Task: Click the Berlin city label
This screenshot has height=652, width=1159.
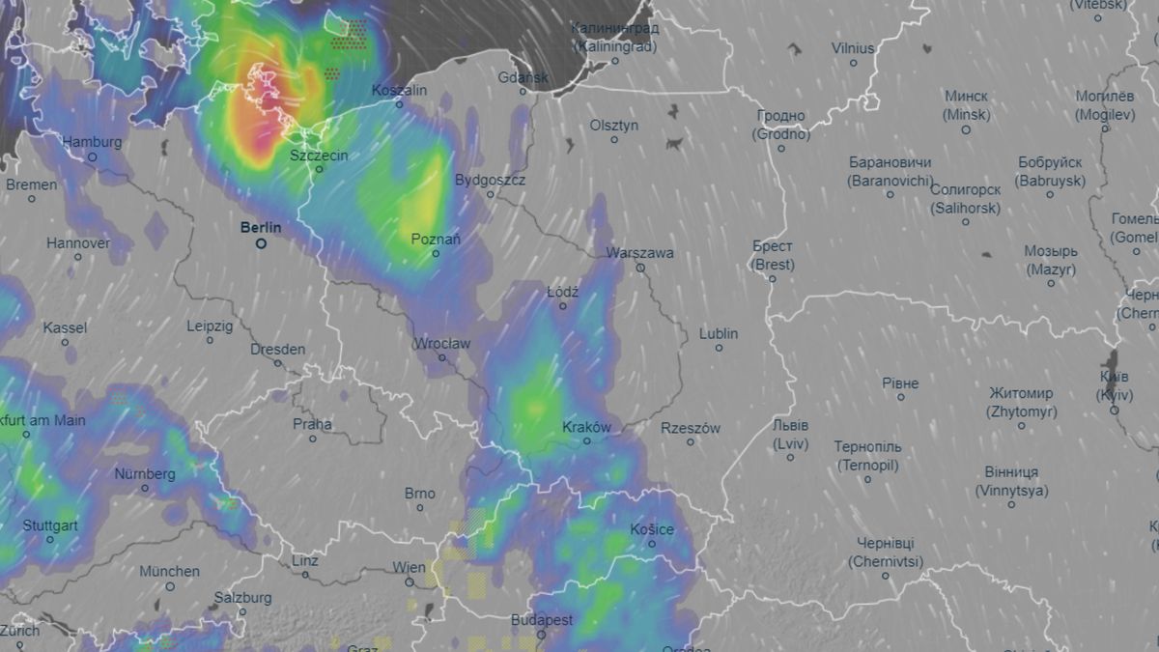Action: click(261, 228)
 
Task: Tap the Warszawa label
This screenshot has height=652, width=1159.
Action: click(639, 253)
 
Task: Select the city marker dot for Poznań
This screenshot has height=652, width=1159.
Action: click(436, 254)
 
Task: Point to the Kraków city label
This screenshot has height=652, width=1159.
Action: click(586, 426)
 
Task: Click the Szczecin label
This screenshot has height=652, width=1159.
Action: click(319, 155)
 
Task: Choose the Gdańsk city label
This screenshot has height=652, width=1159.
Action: click(523, 77)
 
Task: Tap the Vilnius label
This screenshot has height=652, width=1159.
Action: click(853, 48)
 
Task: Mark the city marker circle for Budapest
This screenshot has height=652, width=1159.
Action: click(541, 635)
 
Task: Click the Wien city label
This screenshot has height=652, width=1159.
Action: click(409, 567)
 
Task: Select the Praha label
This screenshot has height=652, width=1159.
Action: click(312, 424)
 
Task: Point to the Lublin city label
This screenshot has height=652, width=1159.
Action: click(719, 333)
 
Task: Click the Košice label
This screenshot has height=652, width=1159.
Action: click(651, 529)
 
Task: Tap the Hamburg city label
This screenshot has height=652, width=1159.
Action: click(92, 142)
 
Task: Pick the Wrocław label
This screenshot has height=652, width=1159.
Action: click(441, 343)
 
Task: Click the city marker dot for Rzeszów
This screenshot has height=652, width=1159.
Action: click(690, 442)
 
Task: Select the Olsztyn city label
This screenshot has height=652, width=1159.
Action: click(614, 126)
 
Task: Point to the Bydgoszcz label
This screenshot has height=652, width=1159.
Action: click(490, 180)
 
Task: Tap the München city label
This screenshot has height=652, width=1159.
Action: click(169, 572)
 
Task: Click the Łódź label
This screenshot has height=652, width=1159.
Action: click(562, 291)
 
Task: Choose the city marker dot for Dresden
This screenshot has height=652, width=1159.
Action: click(278, 363)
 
